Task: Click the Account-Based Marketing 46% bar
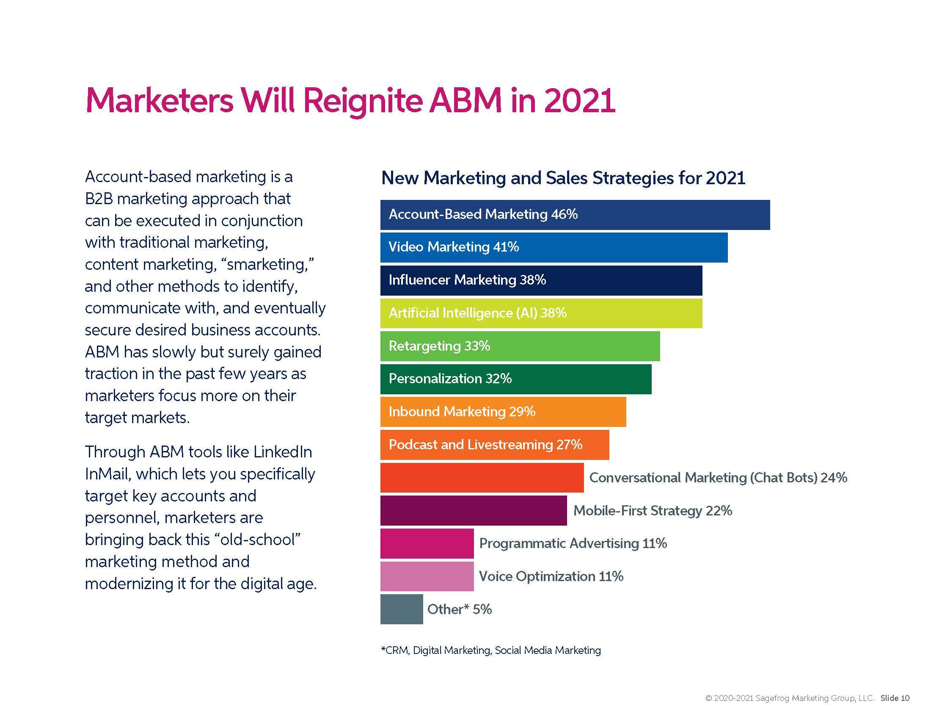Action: [575, 215]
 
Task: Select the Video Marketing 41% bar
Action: [554, 247]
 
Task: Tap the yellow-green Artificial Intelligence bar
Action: [540, 313]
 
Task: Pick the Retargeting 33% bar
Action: [520, 346]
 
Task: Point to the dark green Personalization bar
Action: [515, 379]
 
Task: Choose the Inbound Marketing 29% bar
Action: [503, 412]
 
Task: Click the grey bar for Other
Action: [401, 609]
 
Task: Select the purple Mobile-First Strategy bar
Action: [473, 510]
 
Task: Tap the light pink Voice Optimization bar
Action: [427, 576]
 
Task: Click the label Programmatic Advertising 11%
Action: [573, 543]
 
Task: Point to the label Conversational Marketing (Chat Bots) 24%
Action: [718, 477]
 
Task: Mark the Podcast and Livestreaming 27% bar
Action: [494, 444]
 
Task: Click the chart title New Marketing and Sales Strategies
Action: [563, 178]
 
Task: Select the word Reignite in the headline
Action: [362, 101]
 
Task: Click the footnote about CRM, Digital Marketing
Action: [490, 650]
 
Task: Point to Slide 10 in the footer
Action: [895, 698]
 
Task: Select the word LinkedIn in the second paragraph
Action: [282, 452]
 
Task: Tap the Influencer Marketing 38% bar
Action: [540, 280]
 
